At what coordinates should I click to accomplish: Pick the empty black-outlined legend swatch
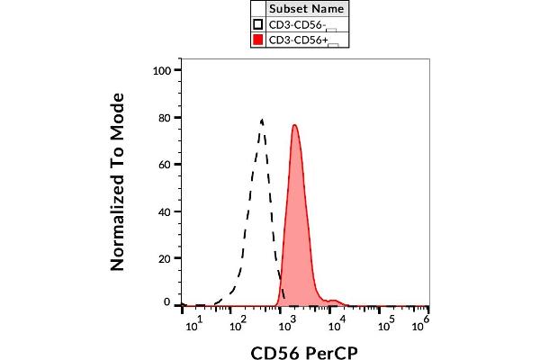coord(257,23)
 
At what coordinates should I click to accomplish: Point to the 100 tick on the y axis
coord(162,70)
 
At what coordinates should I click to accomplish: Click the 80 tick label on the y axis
coord(165,117)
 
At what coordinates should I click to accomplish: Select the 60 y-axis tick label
coord(165,164)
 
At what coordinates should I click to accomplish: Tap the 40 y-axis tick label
coord(165,211)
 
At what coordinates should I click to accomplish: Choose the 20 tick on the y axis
coord(165,257)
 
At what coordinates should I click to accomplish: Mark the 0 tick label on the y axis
coord(168,304)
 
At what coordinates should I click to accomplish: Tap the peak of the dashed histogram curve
coord(262,120)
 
